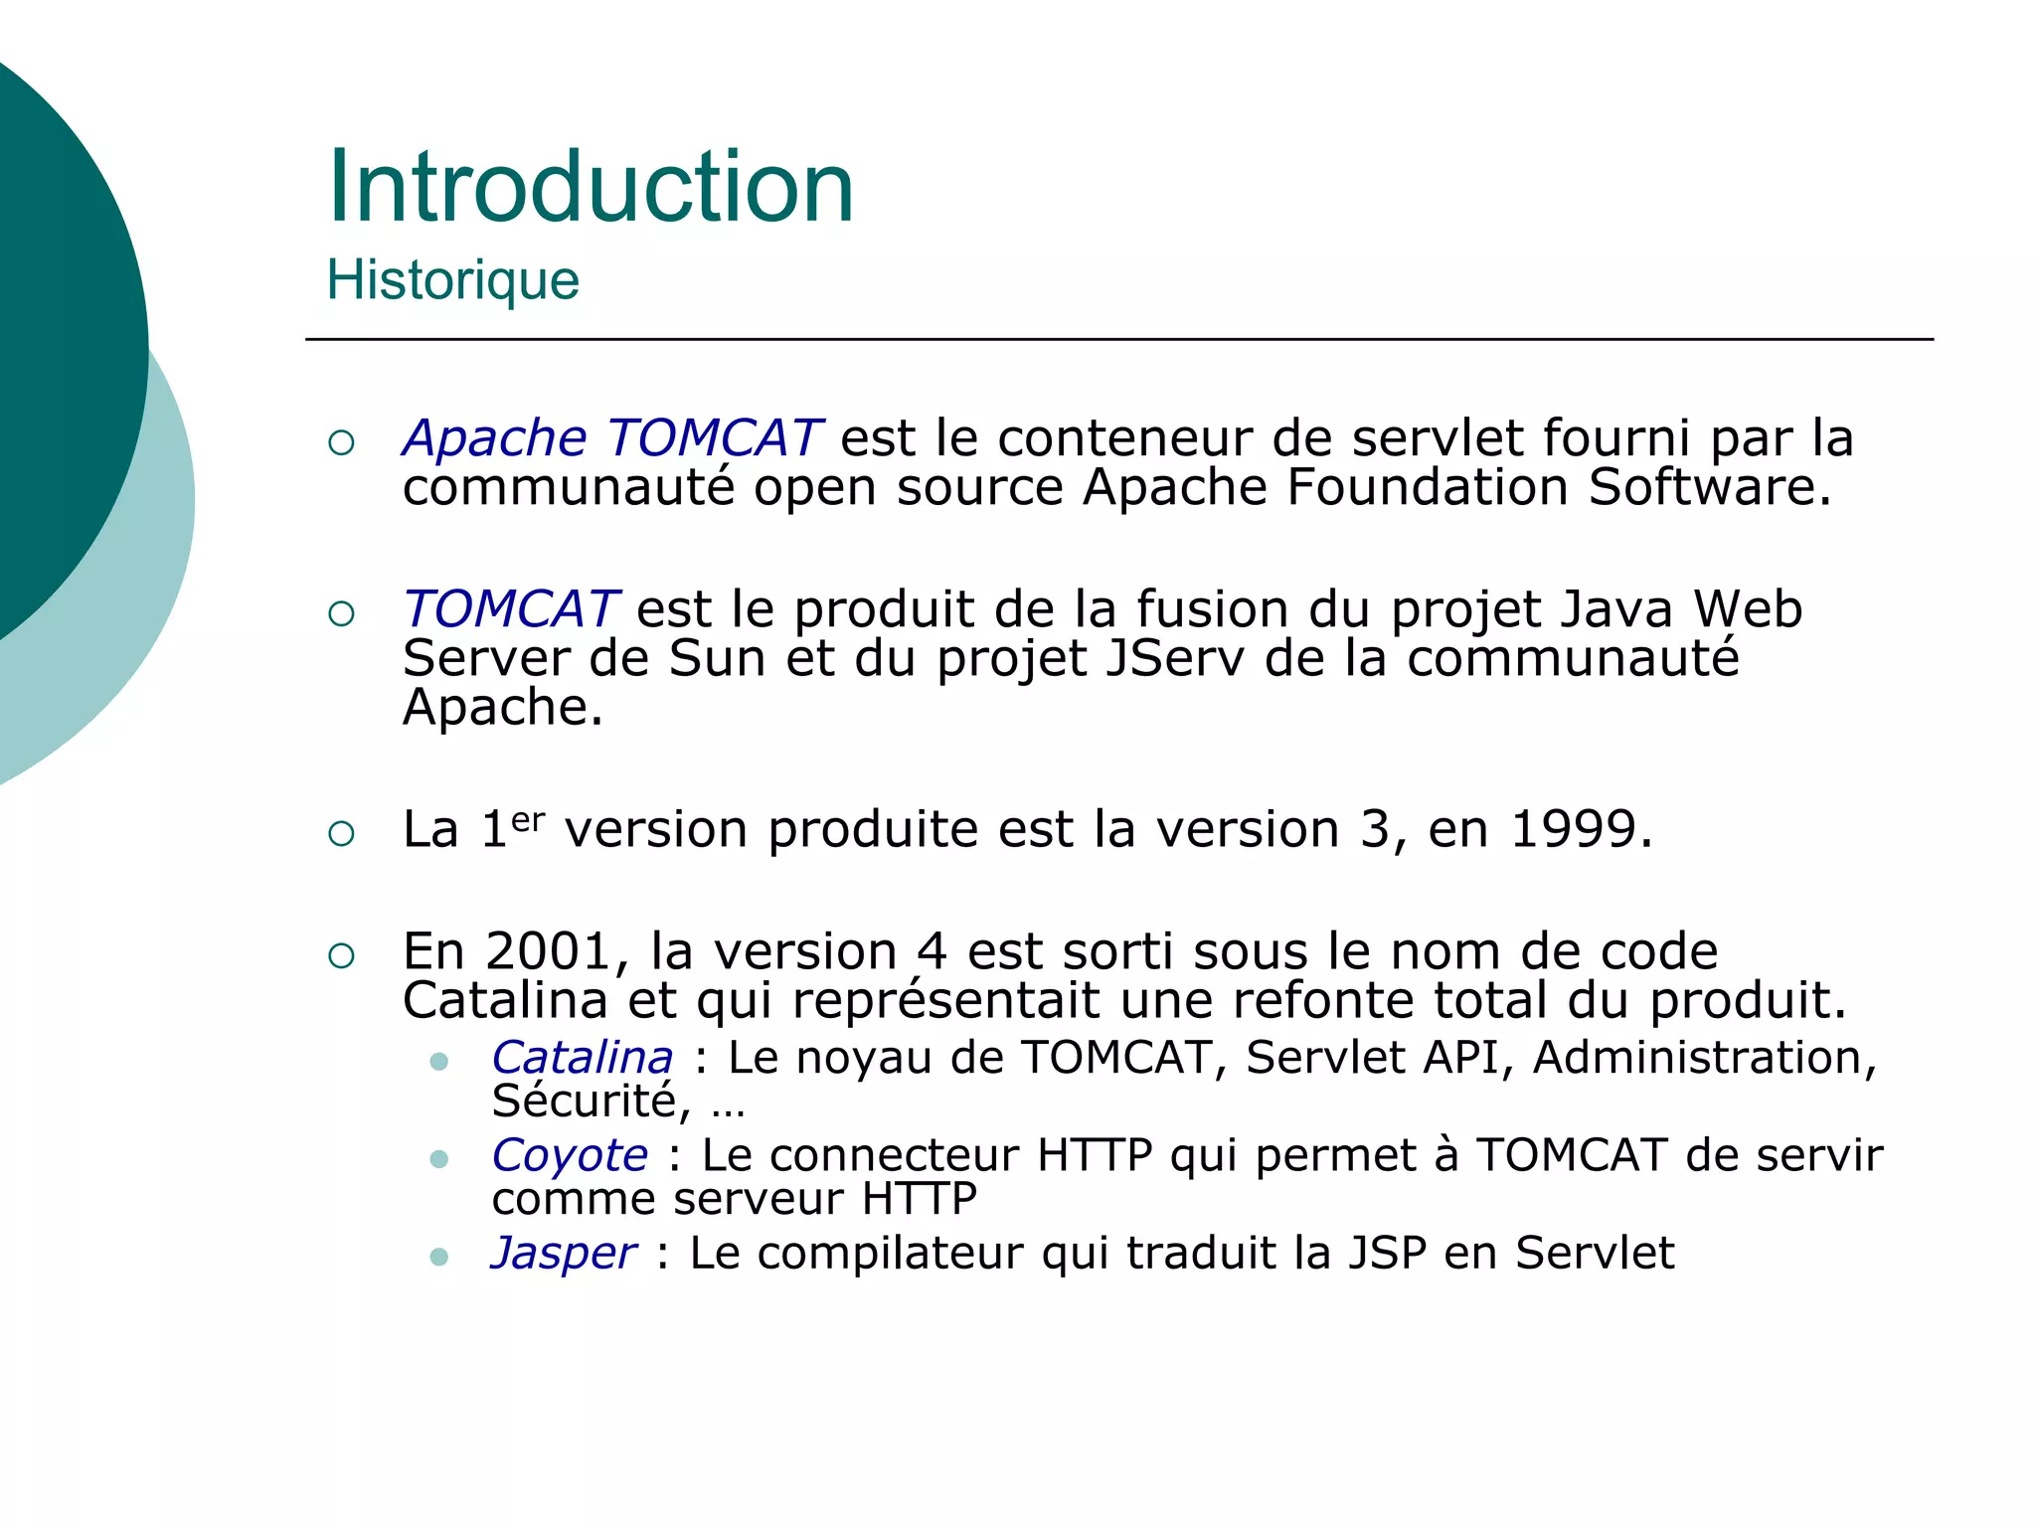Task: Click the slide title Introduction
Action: (x=591, y=187)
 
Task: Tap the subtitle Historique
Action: (x=452, y=279)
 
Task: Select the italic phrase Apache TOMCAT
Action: (x=611, y=438)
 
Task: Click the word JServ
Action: (x=1174, y=658)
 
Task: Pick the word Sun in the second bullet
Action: (x=717, y=658)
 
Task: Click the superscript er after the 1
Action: (x=528, y=819)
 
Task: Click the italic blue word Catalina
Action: (x=583, y=1057)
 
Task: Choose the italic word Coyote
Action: (x=570, y=1155)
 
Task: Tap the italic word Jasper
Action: (x=564, y=1253)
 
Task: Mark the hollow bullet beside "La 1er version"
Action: (x=341, y=833)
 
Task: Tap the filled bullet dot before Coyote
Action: (x=438, y=1159)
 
